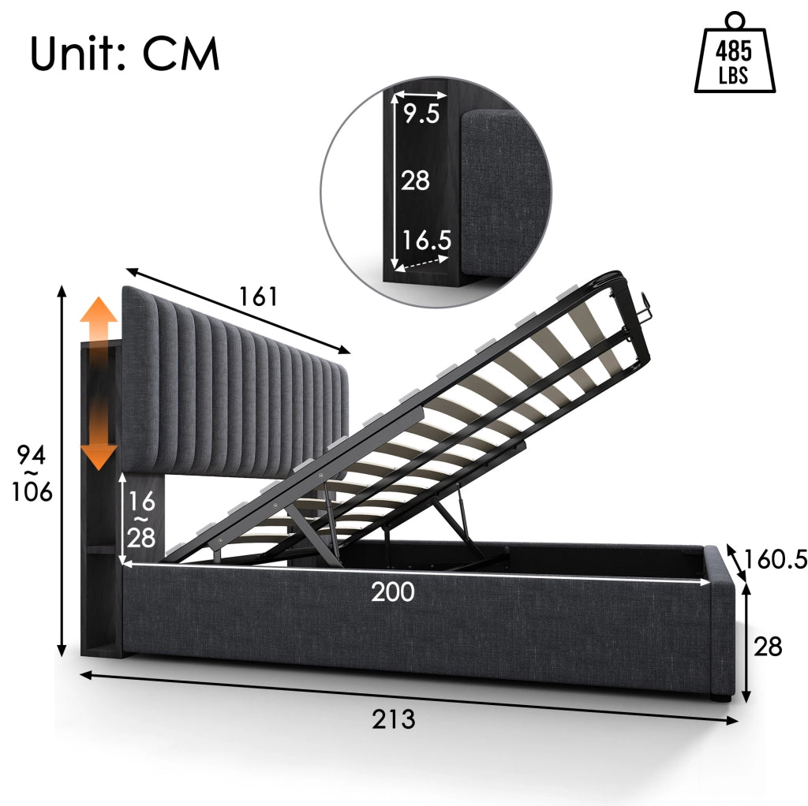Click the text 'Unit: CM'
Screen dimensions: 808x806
click(125, 54)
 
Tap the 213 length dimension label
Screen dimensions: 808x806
click(393, 719)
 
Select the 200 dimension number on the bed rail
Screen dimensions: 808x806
click(393, 591)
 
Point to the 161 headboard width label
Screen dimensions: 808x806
click(258, 297)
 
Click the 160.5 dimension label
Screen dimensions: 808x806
click(775, 559)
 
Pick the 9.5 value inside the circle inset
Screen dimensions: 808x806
click(421, 114)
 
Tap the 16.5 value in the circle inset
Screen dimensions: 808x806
click(426, 241)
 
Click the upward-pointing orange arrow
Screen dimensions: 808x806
click(99, 321)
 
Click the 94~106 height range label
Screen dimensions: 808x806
click(32, 473)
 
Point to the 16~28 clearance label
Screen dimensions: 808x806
click(141, 519)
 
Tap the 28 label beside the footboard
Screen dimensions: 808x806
click(767, 647)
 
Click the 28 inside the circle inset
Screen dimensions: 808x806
click(415, 181)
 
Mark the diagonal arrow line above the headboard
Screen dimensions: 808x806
click(238, 311)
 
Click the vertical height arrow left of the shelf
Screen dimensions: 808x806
click(62, 471)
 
